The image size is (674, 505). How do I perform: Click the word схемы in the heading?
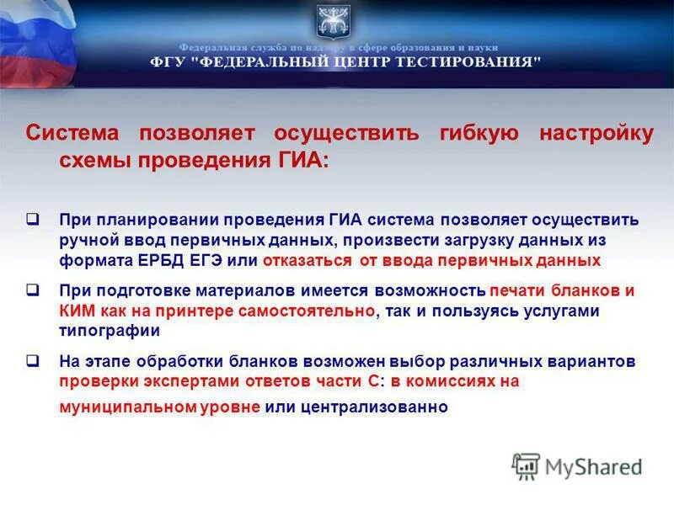(x=92, y=160)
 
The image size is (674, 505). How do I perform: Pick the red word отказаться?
(x=304, y=261)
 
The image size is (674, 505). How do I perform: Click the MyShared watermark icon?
(x=526, y=465)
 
